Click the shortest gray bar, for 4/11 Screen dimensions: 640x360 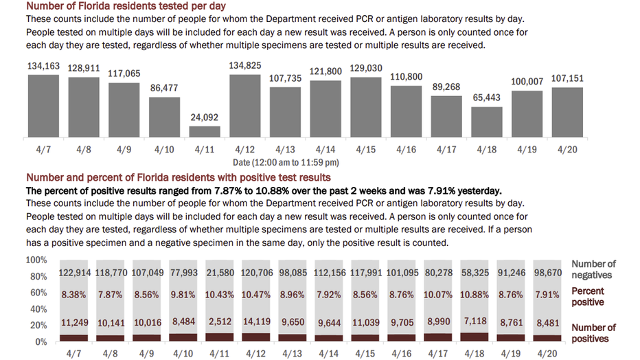pos(205,131)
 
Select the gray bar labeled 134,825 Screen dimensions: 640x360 pos(245,106)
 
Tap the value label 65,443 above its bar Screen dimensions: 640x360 pos(487,98)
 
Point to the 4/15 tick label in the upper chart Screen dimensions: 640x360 pos(366,149)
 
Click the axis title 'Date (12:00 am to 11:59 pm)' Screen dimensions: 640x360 pos(286,162)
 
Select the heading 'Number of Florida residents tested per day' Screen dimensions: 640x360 pos(126,6)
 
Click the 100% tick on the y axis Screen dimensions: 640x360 pos(36,260)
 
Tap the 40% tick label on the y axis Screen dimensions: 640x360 pos(38,309)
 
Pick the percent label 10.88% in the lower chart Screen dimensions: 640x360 pos(475,295)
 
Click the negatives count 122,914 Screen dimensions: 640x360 pos(75,273)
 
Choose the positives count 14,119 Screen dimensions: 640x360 pos(257,322)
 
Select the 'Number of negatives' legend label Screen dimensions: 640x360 pos(593,269)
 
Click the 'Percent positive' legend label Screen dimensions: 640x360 pos(587,296)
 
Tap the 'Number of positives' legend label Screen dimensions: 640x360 pos(593,333)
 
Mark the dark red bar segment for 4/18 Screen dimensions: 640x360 pos(475,337)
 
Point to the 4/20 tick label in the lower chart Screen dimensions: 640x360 pos(547,353)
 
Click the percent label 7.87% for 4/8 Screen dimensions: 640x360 pos(110,295)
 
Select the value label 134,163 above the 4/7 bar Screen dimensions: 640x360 pos(44,66)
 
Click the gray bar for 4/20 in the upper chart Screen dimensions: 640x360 pos(567,112)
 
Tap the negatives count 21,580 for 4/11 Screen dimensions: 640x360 pos(220,273)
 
